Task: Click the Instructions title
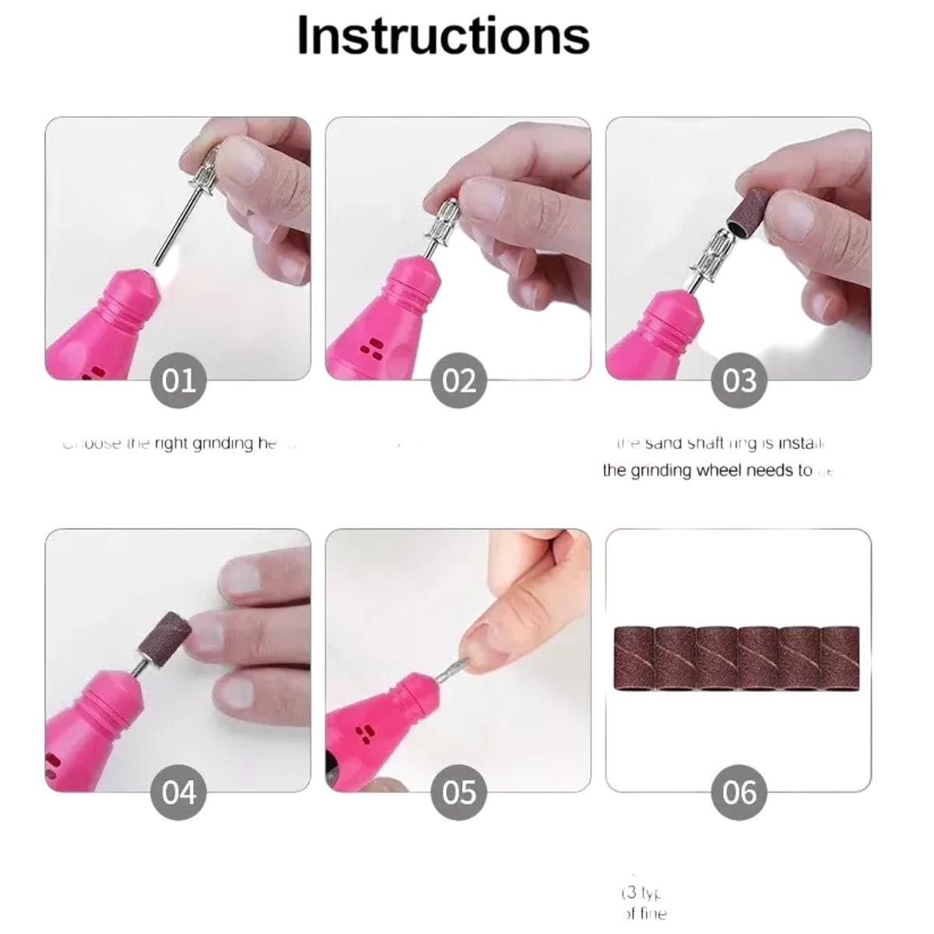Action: pyautogui.click(x=443, y=35)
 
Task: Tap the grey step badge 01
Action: pyautogui.click(x=179, y=381)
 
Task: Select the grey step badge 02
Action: pyautogui.click(x=459, y=381)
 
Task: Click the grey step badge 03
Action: pyautogui.click(x=739, y=381)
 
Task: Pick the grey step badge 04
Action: pyautogui.click(x=179, y=792)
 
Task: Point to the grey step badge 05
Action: pyautogui.click(x=459, y=792)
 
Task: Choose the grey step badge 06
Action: pyautogui.click(x=739, y=792)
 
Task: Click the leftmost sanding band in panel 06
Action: pyautogui.click(x=635, y=658)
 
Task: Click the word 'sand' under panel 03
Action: pyautogui.click(x=664, y=444)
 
